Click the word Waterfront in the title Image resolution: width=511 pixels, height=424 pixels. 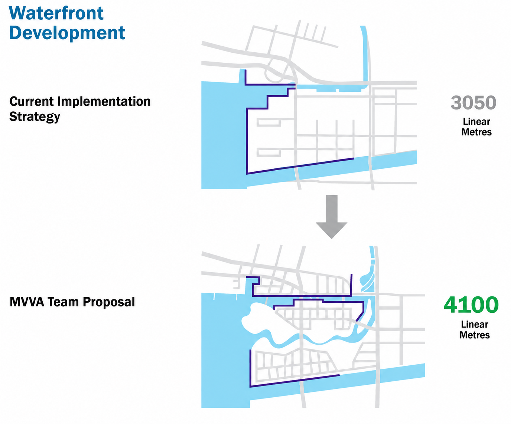coord(56,13)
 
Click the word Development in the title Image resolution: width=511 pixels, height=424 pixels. coord(67,33)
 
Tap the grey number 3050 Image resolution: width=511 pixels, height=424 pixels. coord(473,103)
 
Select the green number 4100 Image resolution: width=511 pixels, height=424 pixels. coord(471,305)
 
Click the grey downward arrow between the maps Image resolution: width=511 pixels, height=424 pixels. coord(332,217)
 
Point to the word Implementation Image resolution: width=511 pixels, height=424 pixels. coord(104,102)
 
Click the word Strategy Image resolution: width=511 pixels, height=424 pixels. coord(35,117)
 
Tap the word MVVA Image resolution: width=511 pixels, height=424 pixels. coord(27,302)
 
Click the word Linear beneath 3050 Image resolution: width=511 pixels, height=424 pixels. coord(476,122)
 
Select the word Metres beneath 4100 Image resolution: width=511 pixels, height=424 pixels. coord(475,335)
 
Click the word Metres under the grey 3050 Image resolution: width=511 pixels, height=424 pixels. coord(476,132)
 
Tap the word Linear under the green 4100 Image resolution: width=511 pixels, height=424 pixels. coord(475,325)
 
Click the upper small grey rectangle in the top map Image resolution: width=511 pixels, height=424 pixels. coord(268,122)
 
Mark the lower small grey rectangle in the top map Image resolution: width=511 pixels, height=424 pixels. coord(268,152)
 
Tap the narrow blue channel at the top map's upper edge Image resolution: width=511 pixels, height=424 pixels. coord(365,54)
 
